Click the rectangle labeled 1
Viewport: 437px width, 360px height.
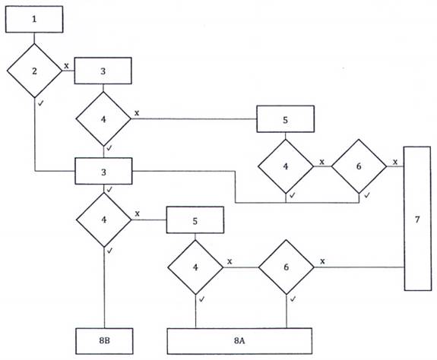coord(34,19)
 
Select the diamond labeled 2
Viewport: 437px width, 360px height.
coord(34,71)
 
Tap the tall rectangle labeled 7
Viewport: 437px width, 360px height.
coord(417,219)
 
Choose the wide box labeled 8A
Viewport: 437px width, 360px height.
coord(239,341)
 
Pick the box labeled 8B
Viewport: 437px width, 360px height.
coord(104,341)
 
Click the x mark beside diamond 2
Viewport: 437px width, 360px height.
coord(66,66)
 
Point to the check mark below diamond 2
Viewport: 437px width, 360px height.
coord(41,103)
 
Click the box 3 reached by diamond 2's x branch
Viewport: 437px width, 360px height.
coord(103,71)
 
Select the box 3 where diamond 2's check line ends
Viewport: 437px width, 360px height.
coord(103,171)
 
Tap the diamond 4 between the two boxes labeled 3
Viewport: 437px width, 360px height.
coord(103,119)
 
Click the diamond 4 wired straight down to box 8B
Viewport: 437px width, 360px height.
coord(103,219)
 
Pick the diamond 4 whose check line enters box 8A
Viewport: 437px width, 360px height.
coord(195,267)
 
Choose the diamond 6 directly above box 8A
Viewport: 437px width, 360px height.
coord(287,267)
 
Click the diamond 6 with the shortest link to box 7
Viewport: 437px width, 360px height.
coord(359,166)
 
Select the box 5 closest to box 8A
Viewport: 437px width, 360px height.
coord(195,220)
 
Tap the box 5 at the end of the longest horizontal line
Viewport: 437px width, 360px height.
coord(286,119)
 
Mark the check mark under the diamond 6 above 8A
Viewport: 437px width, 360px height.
coord(293,299)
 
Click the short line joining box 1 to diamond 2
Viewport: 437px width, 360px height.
coord(34,38)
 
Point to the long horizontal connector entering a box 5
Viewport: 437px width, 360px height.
coord(194,119)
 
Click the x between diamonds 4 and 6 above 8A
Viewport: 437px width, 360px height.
coord(230,262)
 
